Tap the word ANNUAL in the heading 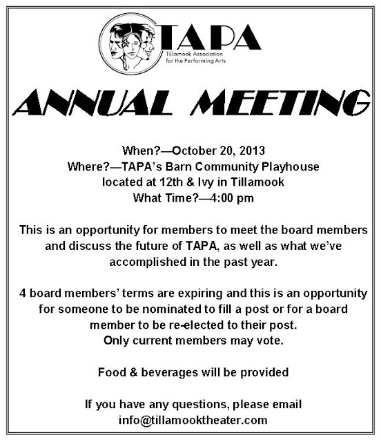click(x=104, y=106)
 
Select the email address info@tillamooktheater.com click(x=191, y=419)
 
